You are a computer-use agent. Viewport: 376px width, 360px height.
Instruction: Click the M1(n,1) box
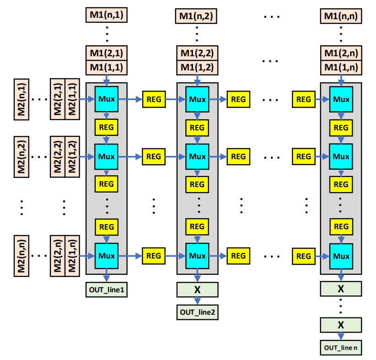click(x=106, y=15)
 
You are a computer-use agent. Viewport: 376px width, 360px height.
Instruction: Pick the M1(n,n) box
click(x=341, y=16)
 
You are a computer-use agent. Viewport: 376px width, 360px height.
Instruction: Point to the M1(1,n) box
click(x=341, y=68)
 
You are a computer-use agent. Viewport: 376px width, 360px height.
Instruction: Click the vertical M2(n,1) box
click(x=21, y=99)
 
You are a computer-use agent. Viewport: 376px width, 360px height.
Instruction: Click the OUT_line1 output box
click(x=106, y=290)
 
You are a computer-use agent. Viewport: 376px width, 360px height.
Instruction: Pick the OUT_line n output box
click(x=341, y=348)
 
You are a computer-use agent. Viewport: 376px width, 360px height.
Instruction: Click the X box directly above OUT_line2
click(x=197, y=290)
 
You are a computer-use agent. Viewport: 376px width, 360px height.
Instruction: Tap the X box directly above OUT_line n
click(x=341, y=325)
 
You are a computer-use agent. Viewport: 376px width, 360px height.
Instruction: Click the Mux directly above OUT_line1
click(x=106, y=256)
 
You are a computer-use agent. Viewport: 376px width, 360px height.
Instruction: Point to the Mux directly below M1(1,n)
click(x=341, y=99)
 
